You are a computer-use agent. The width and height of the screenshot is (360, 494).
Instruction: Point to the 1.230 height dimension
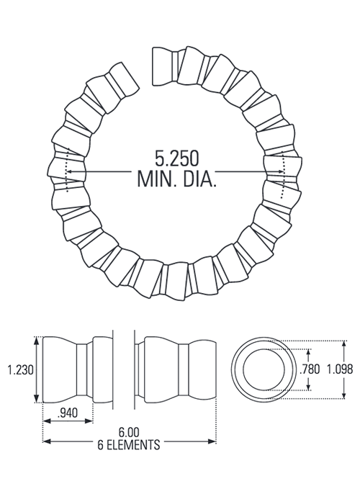pos(19,369)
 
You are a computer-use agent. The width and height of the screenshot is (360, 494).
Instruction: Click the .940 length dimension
pos(66,413)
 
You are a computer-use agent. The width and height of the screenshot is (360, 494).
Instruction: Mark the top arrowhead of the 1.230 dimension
pos(37,340)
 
